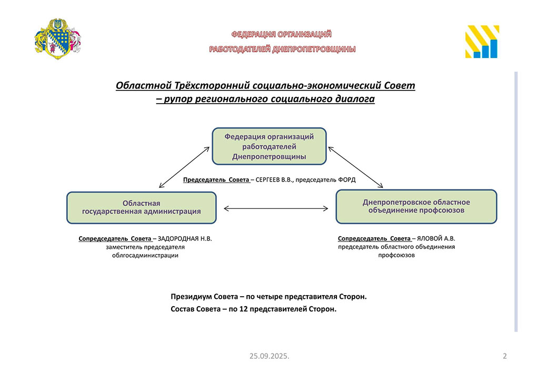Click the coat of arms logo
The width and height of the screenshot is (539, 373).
point(58,38)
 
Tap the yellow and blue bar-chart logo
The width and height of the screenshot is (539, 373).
point(482,41)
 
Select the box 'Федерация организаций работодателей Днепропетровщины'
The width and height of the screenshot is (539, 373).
point(269,146)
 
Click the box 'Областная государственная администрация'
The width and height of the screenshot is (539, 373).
point(141,207)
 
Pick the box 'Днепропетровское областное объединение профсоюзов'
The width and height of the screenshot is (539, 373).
point(416,206)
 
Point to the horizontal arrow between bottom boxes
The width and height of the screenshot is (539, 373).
point(276,208)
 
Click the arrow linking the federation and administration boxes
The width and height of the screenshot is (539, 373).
point(184,167)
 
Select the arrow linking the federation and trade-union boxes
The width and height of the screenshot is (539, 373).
point(355,167)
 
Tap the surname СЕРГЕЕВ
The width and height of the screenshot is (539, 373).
point(267,179)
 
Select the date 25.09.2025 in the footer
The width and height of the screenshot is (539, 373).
point(269,356)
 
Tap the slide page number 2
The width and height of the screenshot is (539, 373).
point(505,356)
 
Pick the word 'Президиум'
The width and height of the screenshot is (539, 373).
point(191,297)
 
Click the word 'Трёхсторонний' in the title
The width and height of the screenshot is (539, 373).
point(212,85)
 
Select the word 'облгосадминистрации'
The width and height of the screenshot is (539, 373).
point(145,255)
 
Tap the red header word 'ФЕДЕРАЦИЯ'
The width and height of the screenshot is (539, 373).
point(253,34)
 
